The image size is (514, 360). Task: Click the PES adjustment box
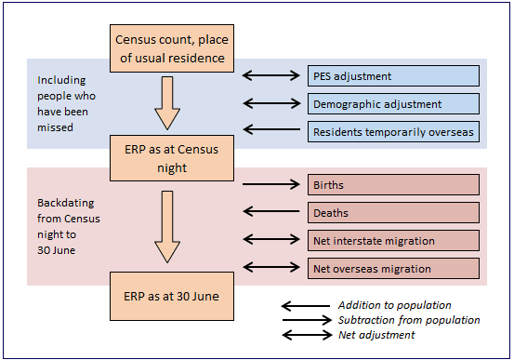click(394, 76)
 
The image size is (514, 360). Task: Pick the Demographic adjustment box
click(394, 104)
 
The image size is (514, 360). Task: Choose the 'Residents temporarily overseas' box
click(394, 132)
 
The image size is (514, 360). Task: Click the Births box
click(394, 185)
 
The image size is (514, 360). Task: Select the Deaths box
click(394, 213)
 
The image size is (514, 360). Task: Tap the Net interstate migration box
click(394, 241)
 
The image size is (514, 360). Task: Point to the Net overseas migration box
click(394, 269)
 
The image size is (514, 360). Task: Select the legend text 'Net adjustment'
click(377, 335)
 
